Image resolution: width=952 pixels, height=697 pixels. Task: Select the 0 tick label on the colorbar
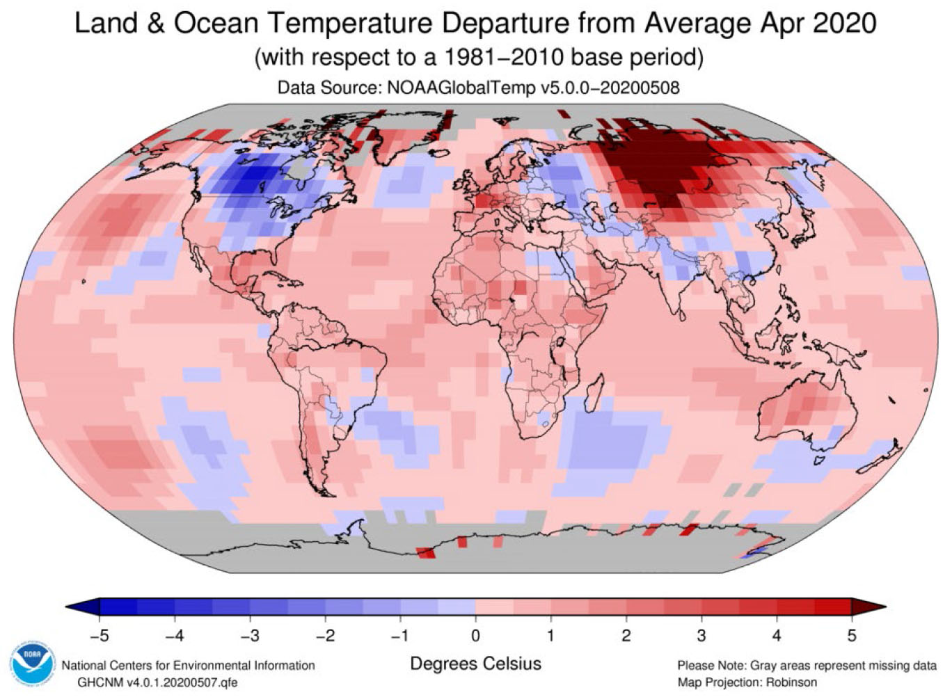click(475, 635)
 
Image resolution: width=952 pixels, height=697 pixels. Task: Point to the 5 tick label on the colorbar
click(851, 635)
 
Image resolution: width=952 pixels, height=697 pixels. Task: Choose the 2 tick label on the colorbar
click(626, 635)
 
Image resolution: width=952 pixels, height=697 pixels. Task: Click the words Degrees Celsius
click(475, 663)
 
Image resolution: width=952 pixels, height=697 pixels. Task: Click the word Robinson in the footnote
click(791, 682)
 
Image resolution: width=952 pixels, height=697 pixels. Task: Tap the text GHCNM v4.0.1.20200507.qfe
click(158, 682)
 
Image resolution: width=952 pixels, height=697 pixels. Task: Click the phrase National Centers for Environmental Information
click(188, 666)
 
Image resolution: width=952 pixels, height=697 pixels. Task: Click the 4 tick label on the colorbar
click(776, 635)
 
